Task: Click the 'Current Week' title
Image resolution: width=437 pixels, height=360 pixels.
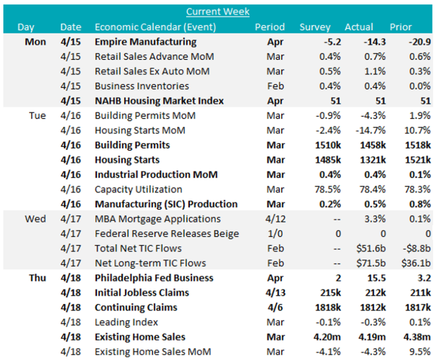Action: point(218,11)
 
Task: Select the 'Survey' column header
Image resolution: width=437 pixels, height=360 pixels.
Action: point(315,27)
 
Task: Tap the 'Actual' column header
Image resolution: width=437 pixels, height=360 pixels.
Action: point(358,27)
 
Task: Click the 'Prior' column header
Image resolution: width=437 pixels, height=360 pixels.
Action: point(401,27)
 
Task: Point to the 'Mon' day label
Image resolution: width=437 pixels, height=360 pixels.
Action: point(35,42)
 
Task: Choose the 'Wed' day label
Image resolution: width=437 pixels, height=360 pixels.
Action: point(35,219)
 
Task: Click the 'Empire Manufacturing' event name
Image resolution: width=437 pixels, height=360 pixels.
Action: point(145,42)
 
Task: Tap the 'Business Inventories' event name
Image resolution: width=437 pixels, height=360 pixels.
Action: point(142,86)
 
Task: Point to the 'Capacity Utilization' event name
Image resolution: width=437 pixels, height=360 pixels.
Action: point(138,189)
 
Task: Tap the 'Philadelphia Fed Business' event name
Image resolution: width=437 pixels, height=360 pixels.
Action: point(154,278)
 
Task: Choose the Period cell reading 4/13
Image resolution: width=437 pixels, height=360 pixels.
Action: point(276,293)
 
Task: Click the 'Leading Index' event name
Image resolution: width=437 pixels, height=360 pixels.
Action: point(126,322)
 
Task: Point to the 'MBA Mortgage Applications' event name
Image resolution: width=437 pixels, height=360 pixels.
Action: point(158,219)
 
